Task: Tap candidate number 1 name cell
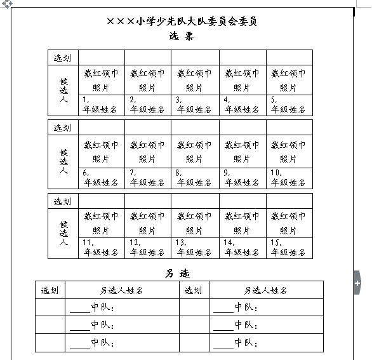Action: pyautogui.click(x=102, y=105)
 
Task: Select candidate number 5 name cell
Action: pyautogui.click(x=289, y=105)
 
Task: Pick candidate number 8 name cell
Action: pyautogui.click(x=196, y=178)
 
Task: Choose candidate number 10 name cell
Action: pyautogui.click(x=289, y=178)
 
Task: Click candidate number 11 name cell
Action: pyautogui.click(x=102, y=248)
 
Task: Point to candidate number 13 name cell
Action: pyautogui.click(x=196, y=248)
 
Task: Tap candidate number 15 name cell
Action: pyautogui.click(x=289, y=248)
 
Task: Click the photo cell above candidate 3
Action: pyautogui.click(x=196, y=80)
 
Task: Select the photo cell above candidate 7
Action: pyautogui.click(x=148, y=152)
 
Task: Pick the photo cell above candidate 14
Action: pyautogui.click(x=242, y=223)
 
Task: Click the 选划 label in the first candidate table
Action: pyautogui.click(x=63, y=58)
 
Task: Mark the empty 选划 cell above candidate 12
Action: pyautogui.click(x=148, y=201)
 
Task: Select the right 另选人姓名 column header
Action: pyautogui.click(x=266, y=290)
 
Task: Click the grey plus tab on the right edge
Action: pyautogui.click(x=357, y=281)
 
